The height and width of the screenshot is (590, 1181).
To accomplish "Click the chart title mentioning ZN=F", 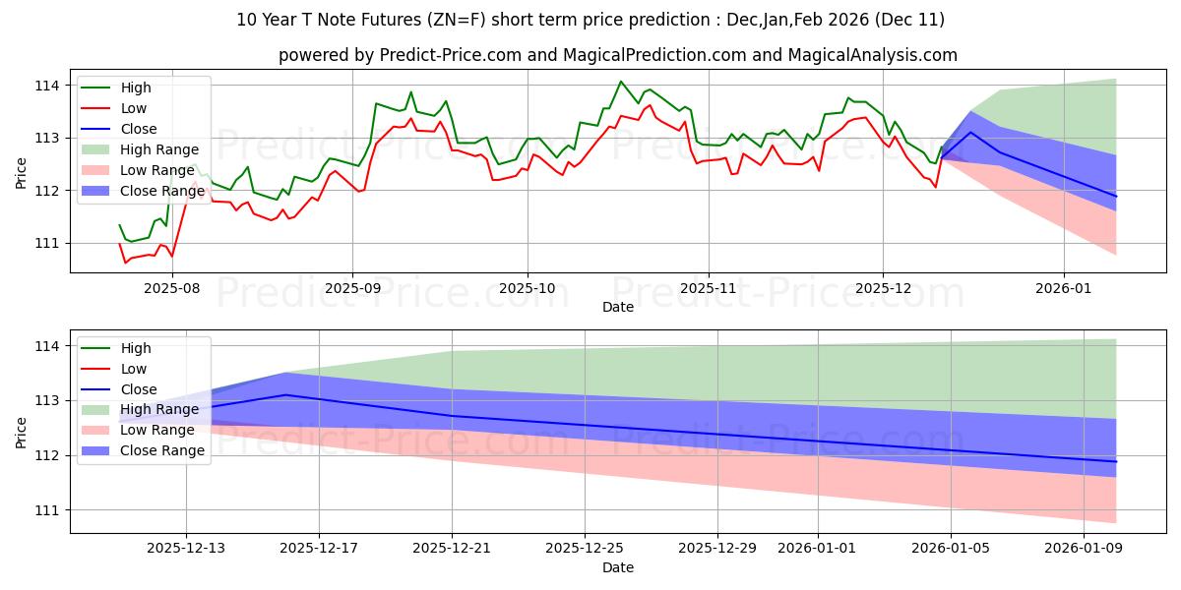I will coord(590,20).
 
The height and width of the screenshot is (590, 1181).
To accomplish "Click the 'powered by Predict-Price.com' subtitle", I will coord(617,55).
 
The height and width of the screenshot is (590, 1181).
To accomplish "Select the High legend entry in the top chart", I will coord(135,88).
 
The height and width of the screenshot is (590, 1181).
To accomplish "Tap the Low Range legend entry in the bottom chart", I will coord(158,431).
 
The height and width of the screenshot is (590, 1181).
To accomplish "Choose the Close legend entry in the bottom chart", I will coord(139,389).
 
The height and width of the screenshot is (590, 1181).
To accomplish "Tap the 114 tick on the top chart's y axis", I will coord(49,86).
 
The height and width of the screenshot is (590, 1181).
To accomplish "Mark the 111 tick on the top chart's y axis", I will coord(49,243).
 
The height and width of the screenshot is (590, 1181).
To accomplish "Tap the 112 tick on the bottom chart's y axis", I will coord(49,455).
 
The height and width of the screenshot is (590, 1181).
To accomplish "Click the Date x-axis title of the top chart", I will coord(617,307).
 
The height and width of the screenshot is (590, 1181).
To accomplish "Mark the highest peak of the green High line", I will coord(620,82).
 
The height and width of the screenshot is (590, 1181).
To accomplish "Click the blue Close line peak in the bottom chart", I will coord(285,394).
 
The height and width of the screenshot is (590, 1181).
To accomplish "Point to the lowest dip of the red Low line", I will coord(125,263).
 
